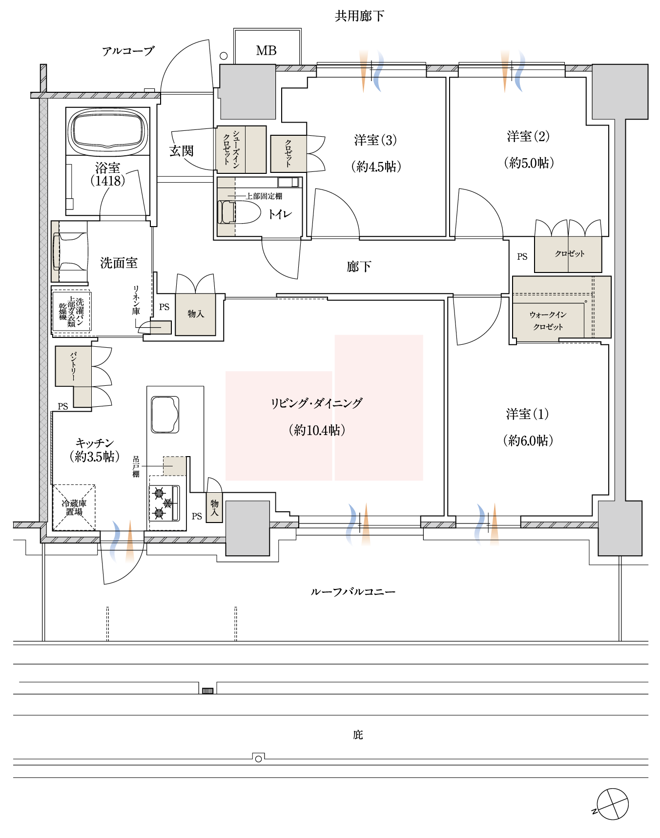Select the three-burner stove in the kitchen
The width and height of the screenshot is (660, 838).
(165, 503)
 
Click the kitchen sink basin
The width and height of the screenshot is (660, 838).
(165, 415)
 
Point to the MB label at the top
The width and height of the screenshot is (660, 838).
(267, 50)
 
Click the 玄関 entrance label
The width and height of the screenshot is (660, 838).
(182, 151)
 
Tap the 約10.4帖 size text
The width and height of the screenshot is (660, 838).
(317, 430)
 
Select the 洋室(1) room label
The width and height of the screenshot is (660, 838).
(528, 414)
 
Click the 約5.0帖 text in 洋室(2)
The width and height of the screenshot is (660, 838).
(529, 163)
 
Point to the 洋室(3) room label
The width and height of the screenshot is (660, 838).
(375, 140)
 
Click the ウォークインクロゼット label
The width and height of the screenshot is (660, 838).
(548, 321)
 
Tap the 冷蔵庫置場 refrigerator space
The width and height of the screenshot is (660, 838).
(74, 507)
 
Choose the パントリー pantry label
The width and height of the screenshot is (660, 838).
(73, 366)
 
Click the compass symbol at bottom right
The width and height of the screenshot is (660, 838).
(612, 804)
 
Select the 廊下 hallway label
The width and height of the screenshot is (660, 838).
(359, 266)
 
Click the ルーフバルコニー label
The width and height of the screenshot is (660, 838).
(353, 591)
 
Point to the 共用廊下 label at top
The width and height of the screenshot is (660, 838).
(359, 16)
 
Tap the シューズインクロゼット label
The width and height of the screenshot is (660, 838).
(231, 149)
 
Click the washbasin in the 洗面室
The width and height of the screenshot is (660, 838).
(70, 251)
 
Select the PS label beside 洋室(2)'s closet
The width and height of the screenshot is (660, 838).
(522, 256)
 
